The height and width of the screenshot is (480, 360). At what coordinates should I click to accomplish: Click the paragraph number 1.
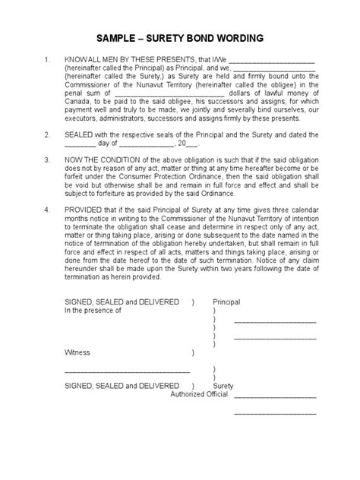46,59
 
